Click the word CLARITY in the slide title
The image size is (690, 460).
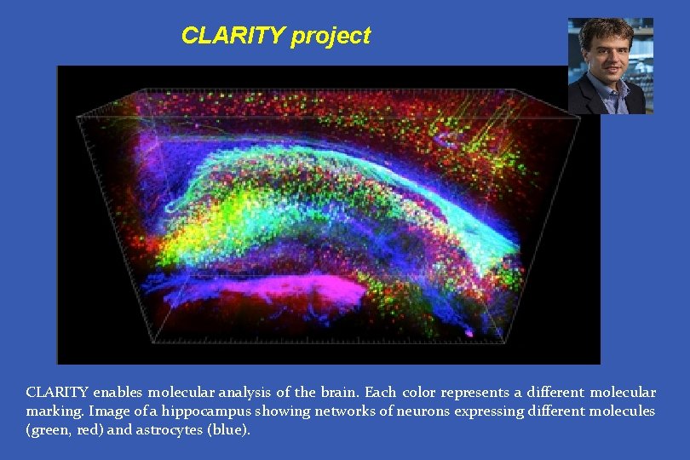click(x=233, y=36)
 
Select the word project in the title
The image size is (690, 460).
click(x=331, y=37)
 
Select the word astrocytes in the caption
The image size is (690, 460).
click(x=164, y=430)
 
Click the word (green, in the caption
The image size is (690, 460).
click(x=50, y=430)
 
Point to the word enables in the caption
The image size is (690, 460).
click(x=118, y=393)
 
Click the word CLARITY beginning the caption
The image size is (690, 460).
click(x=57, y=393)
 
